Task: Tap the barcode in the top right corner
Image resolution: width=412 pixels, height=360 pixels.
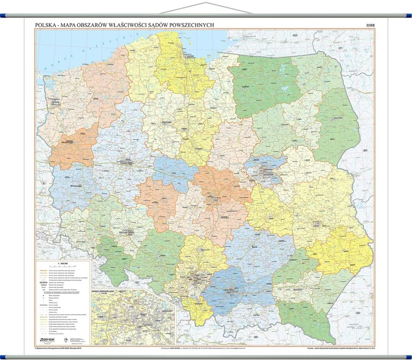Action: pos(370,25)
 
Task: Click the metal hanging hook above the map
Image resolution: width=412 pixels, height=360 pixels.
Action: pos(205,6)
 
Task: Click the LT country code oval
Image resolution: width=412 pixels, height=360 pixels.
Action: pos(342,48)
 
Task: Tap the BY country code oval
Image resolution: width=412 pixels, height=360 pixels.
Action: pos(365,149)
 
